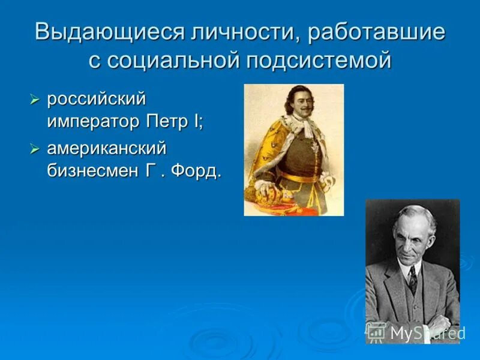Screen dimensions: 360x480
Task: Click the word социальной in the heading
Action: (171, 61)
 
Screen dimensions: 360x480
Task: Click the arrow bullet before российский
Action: (35, 99)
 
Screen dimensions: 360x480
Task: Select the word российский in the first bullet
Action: (97, 98)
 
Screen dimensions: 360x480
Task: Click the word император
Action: (94, 121)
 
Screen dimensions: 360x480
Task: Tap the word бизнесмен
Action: (94, 172)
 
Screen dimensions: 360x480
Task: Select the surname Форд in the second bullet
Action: (196, 172)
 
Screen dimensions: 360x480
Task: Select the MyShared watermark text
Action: (427, 332)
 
